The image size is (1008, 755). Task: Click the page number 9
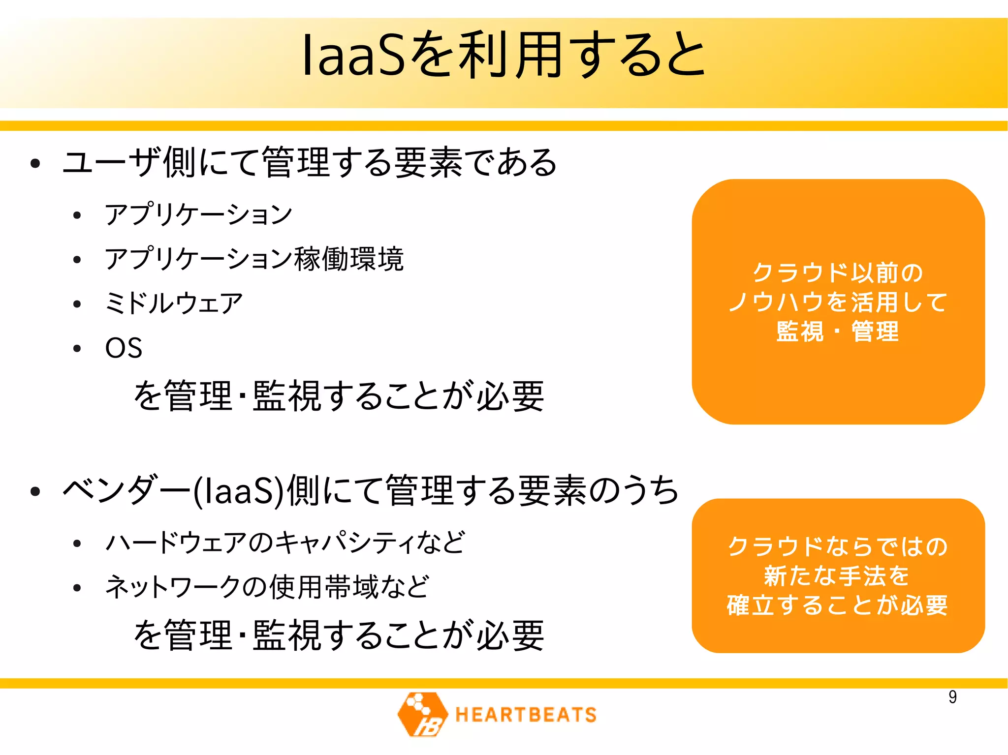point(952,697)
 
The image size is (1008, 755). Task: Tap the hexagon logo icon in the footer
point(422,714)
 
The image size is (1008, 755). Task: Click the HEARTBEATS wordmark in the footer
point(526,715)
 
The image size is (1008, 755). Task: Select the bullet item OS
point(124,348)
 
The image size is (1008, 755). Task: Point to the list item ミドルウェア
point(174,303)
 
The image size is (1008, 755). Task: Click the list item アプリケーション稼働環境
point(254,259)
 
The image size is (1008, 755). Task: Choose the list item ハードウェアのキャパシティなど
point(285,543)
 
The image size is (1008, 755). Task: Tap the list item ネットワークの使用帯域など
point(267,587)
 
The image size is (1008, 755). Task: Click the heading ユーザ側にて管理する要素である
point(310,162)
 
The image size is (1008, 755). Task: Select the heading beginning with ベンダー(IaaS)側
point(371,490)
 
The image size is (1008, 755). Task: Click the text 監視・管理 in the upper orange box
point(838,331)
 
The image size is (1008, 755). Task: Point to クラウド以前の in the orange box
point(838,272)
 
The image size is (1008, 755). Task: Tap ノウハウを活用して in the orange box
point(838,302)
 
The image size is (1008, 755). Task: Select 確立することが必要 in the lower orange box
point(837,605)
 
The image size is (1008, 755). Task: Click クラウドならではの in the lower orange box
point(838,546)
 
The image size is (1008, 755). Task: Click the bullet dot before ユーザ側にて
point(35,163)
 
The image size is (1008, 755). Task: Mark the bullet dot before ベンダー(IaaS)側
point(35,491)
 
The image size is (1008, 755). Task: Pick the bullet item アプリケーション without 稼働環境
point(198,214)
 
